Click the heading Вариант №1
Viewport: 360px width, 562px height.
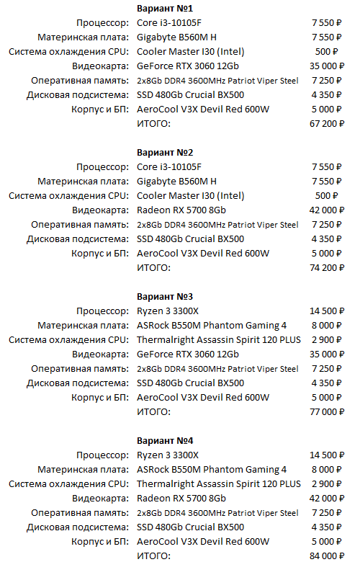[x=165, y=8]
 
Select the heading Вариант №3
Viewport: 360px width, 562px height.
[x=165, y=296]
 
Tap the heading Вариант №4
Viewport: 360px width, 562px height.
[x=165, y=440]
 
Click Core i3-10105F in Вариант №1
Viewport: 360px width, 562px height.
[x=167, y=23]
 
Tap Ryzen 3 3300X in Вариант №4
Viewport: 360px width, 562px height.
[x=168, y=455]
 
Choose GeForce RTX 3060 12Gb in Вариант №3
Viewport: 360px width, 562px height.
[x=187, y=354]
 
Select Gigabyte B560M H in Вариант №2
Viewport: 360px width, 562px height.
[x=176, y=182]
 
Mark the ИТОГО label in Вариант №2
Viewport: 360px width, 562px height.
[x=153, y=268]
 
